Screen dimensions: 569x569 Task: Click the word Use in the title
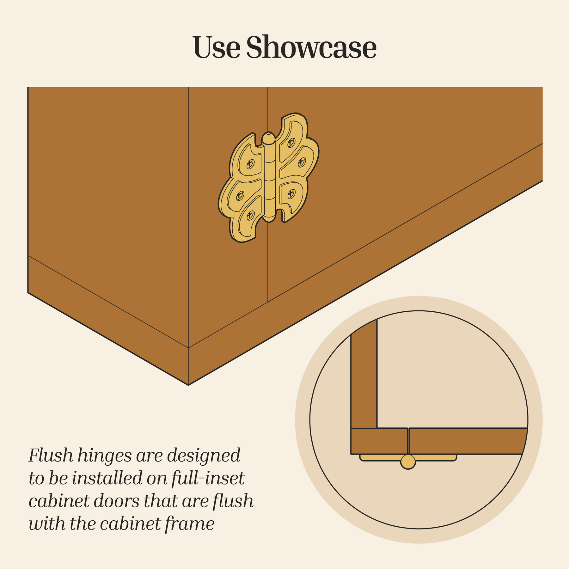pyautogui.click(x=217, y=47)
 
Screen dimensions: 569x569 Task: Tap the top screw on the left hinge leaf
pyautogui.click(x=250, y=164)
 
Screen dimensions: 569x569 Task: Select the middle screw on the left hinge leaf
pyautogui.click(x=240, y=196)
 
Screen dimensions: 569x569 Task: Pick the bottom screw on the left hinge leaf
pyautogui.click(x=250, y=215)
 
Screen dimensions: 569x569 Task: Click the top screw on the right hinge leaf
pyautogui.click(x=291, y=143)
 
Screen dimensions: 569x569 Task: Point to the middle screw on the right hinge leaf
pyautogui.click(x=302, y=162)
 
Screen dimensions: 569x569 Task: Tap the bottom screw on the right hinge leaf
pyautogui.click(x=291, y=194)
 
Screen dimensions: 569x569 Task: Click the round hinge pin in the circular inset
pyautogui.click(x=408, y=462)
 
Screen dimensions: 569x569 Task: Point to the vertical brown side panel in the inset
pyautogui.click(x=364, y=375)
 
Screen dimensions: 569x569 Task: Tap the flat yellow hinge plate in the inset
pyautogui.click(x=408, y=457)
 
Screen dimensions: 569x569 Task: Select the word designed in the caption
pyautogui.click(x=204, y=456)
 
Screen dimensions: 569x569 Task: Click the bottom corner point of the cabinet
pyautogui.click(x=188, y=385)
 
